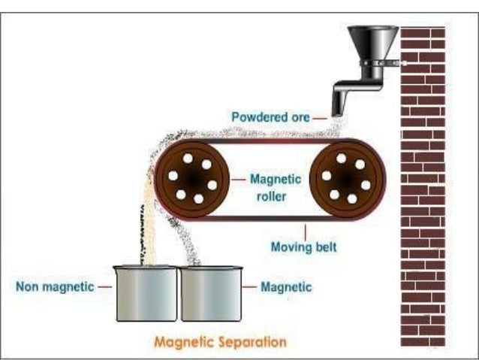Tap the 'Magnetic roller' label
pyautogui.click(x=276, y=186)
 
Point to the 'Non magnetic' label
pyautogui.click(x=55, y=286)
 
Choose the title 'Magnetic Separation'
pyautogui.click(x=220, y=342)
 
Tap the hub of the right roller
pyautogui.click(x=346, y=180)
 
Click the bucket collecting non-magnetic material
pyautogui.click(x=146, y=292)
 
